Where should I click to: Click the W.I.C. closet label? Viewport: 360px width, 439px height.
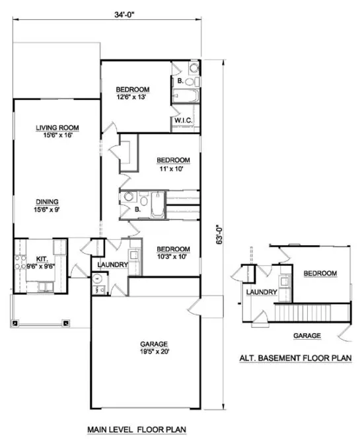coord(183,120)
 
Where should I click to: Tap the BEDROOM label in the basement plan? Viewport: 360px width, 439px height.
coord(320,273)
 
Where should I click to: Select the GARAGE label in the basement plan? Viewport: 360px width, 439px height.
coord(307,335)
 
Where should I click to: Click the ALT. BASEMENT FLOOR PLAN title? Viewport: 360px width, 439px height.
coord(295,359)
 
